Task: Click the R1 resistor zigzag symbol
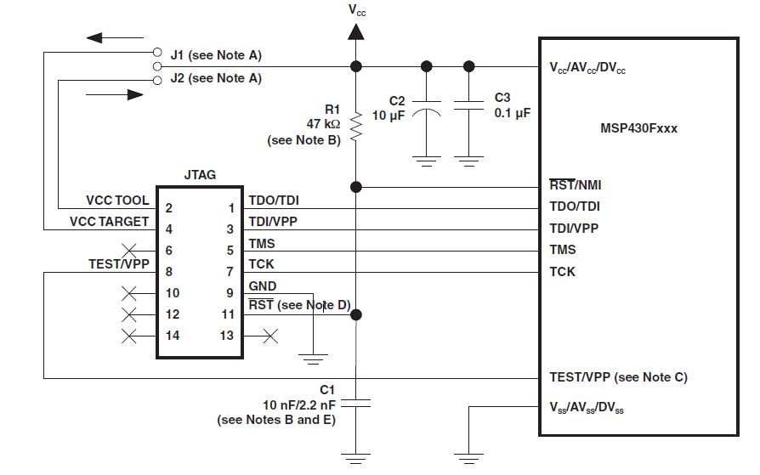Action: coord(356,127)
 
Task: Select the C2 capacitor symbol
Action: coord(427,109)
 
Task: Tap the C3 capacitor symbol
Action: coord(468,105)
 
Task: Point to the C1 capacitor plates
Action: coord(355,404)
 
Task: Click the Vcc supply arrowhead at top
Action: coord(356,32)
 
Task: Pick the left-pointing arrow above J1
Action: coord(115,37)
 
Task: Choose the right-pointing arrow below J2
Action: coord(115,94)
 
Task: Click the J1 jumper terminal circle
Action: coord(157,52)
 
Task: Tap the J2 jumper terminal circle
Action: coord(157,81)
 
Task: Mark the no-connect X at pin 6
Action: coord(129,251)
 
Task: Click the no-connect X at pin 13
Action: coord(270,336)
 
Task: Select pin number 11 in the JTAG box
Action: coord(228,314)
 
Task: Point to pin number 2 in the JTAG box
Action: coord(168,208)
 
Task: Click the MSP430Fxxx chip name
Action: coord(638,128)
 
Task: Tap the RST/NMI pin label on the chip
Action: coord(576,184)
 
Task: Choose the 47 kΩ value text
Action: coord(323,124)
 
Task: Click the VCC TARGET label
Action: coord(109,222)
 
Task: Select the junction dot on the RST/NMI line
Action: coord(356,187)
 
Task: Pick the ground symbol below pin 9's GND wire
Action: coord(313,359)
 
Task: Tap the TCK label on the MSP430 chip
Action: coord(562,271)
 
